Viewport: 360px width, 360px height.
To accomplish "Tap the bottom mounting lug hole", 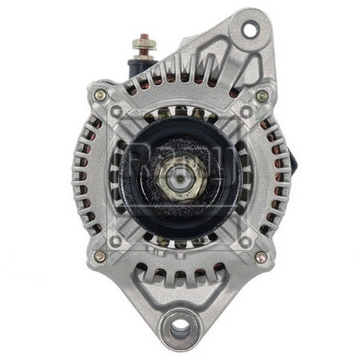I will pyautogui.click(x=181, y=328).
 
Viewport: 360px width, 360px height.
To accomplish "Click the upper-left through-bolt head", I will pyautogui.click(x=99, y=95).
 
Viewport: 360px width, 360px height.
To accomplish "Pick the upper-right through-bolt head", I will pyautogui.click(x=261, y=95).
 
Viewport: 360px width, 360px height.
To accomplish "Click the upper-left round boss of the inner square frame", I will pyautogui.click(x=116, y=112).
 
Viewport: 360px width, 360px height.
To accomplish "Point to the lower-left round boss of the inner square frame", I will pyautogui.click(x=116, y=241).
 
